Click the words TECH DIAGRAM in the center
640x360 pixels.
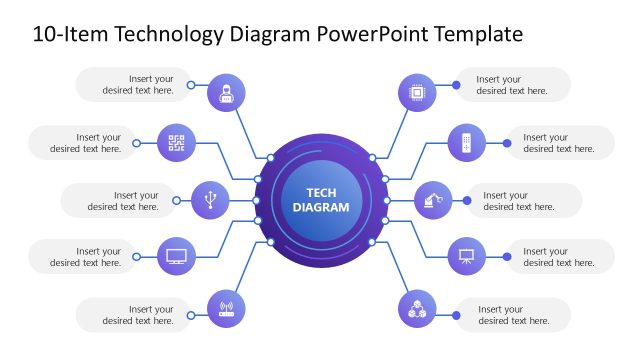pyautogui.click(x=321, y=200)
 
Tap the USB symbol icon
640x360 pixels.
pyautogui.click(x=209, y=199)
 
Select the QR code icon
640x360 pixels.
pyautogui.click(x=177, y=143)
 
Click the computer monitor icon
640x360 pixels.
pyautogui.click(x=177, y=256)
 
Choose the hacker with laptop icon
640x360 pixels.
pyautogui.click(x=226, y=94)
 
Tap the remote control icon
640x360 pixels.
pyautogui.click(x=465, y=143)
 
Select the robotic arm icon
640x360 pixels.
pyautogui.click(x=432, y=199)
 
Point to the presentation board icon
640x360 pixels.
pyautogui.click(x=465, y=256)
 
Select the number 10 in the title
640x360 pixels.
pyautogui.click(x=45, y=35)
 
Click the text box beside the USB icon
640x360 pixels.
pyautogui.click(x=118, y=201)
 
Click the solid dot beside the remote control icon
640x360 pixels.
pyautogui.click(x=507, y=143)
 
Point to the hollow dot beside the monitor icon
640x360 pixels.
pyautogui.click(x=137, y=257)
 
